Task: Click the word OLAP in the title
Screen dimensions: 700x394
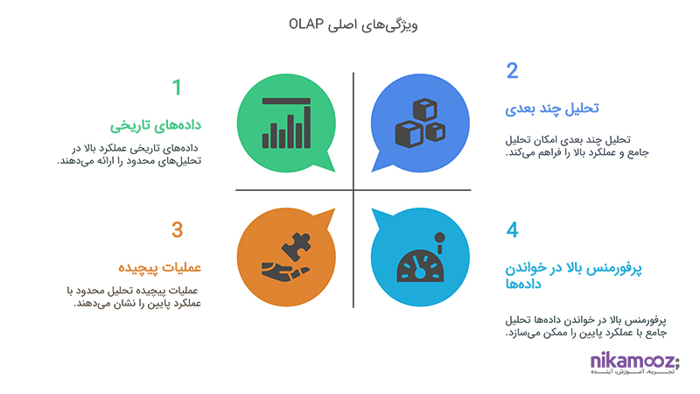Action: point(305,24)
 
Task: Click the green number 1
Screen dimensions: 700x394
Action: point(177,87)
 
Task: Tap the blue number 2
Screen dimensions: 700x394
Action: point(512,71)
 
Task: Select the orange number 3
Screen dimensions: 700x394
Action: point(178,230)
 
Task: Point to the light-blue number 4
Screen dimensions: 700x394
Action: point(512,230)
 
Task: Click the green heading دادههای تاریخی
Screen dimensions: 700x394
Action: point(156,125)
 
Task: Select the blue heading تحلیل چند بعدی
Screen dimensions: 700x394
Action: point(552,109)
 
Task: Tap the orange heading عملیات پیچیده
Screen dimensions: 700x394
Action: point(159,267)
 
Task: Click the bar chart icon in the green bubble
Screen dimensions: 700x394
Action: point(286,123)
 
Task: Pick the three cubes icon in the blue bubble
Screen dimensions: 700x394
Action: point(420,123)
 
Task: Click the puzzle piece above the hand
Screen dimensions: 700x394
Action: point(297,246)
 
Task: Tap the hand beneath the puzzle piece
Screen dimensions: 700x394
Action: point(285,272)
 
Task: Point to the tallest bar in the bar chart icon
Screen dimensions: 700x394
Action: point(307,127)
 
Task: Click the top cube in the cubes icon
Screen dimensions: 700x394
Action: point(425,109)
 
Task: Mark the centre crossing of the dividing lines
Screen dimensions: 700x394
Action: point(353,190)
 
